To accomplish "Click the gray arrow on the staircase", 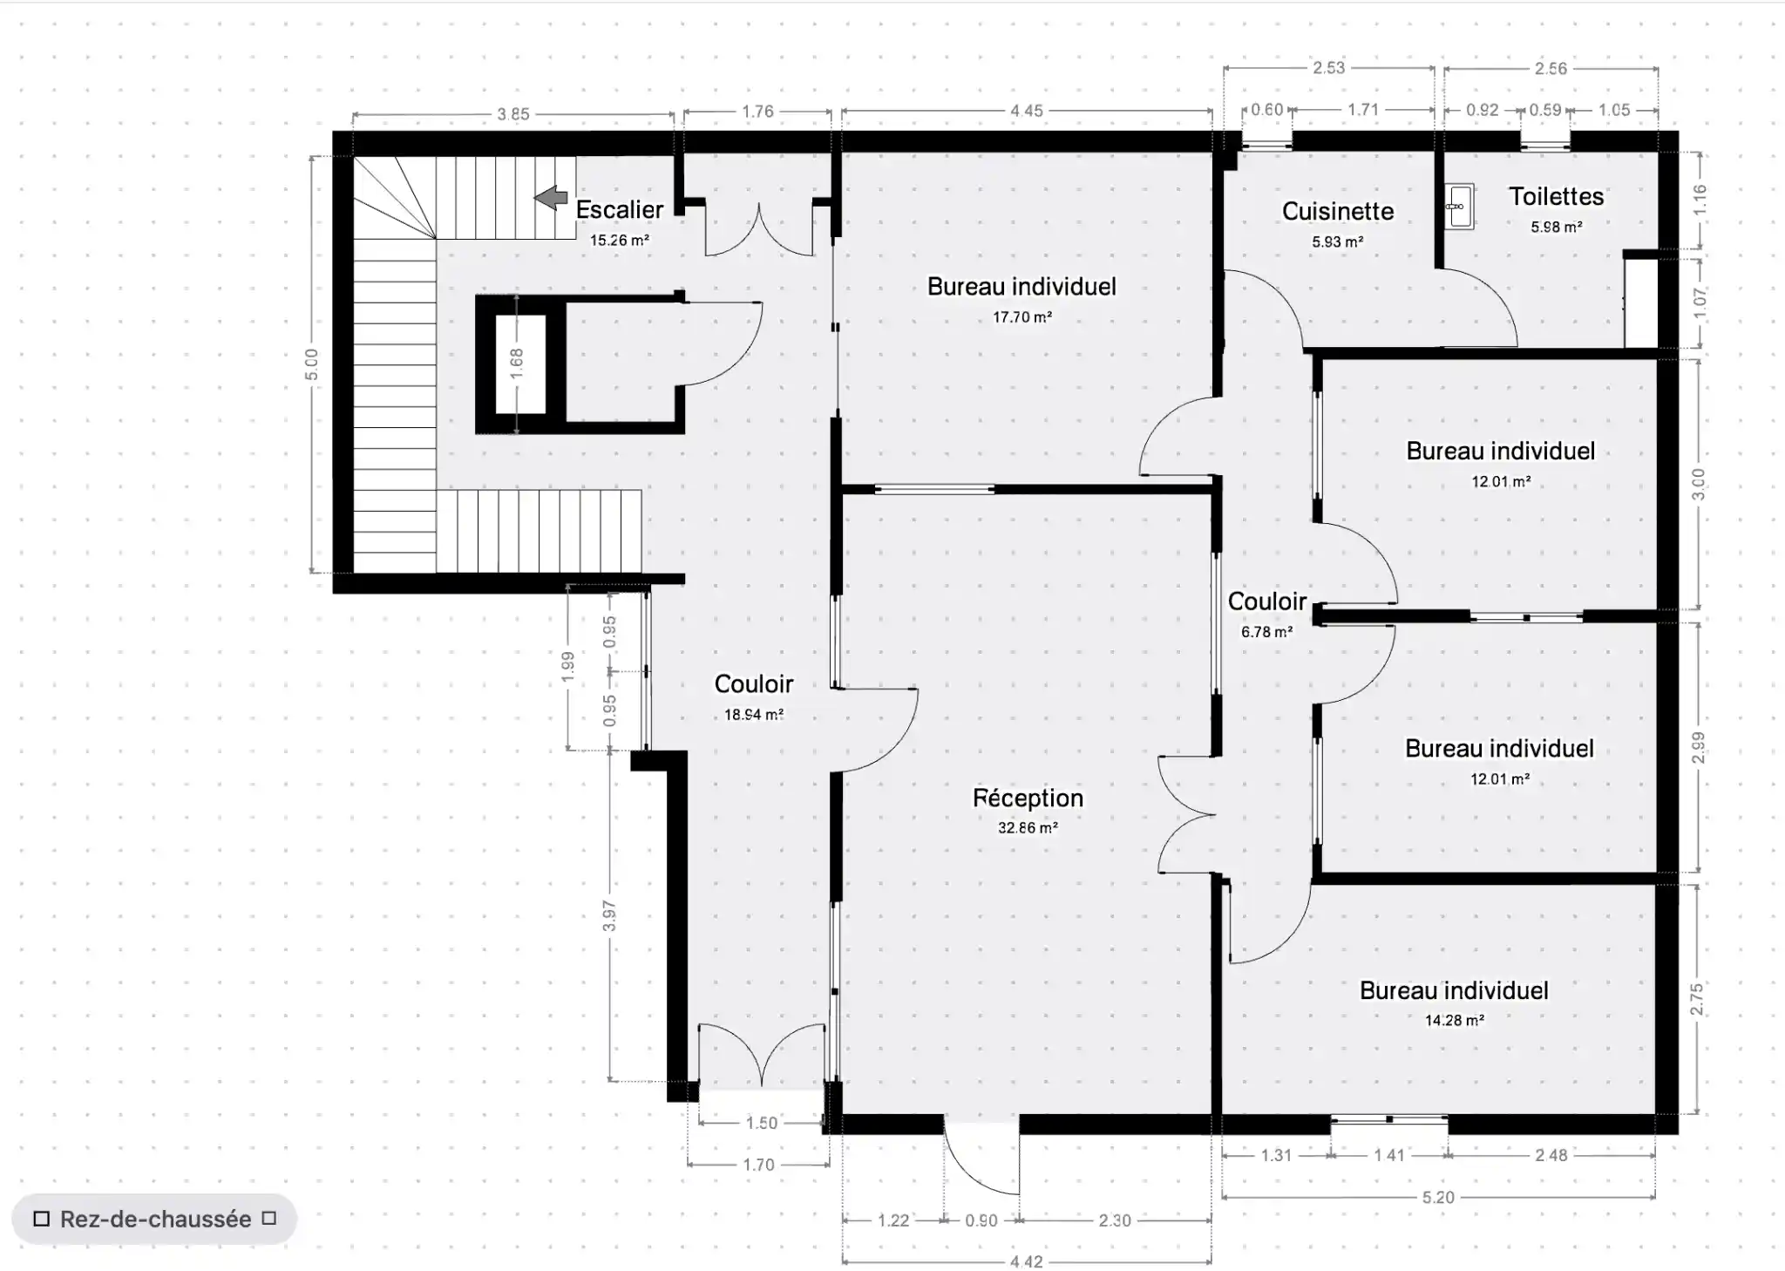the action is point(551,198).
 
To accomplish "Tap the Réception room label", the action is point(1028,798).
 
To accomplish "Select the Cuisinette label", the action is point(1338,211).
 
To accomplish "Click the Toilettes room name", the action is point(1556,196).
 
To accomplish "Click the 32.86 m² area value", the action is point(1028,827).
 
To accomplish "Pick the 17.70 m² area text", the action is point(1021,317).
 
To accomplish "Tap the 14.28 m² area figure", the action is point(1454,1020).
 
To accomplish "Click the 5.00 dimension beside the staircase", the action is point(311,364).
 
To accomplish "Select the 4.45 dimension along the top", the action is point(1027,111).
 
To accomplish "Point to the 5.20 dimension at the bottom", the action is point(1438,1197).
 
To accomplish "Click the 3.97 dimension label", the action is point(609,915).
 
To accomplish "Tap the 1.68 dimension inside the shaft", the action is point(516,364).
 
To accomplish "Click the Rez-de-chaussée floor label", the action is point(155,1219).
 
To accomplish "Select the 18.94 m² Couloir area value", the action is point(754,715).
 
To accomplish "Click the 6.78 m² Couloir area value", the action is point(1266,632).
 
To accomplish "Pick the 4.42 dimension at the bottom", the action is point(1026,1261).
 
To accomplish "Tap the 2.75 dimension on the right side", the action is point(1696,999).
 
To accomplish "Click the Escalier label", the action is point(620,209).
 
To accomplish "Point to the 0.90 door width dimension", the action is point(981,1220).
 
